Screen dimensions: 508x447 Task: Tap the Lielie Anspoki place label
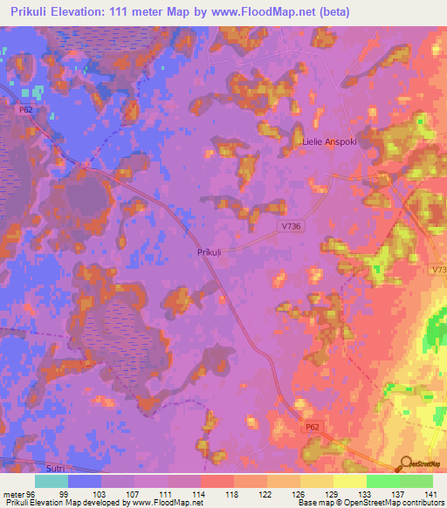[331, 141]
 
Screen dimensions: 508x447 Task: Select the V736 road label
[292, 225]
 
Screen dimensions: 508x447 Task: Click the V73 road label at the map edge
[438, 271]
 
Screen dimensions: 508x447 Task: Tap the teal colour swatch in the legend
[51, 480]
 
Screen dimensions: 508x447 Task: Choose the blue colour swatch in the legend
[84, 480]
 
